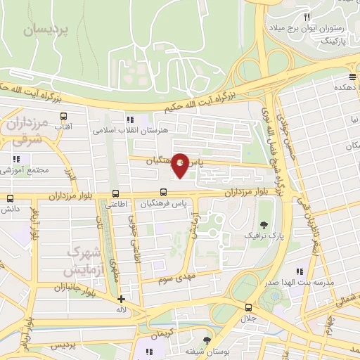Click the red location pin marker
(180, 165)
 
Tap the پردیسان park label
(47, 29)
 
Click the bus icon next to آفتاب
(64, 116)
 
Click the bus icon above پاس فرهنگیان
(164, 192)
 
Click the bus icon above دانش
(10, 198)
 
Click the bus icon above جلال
(247, 307)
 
